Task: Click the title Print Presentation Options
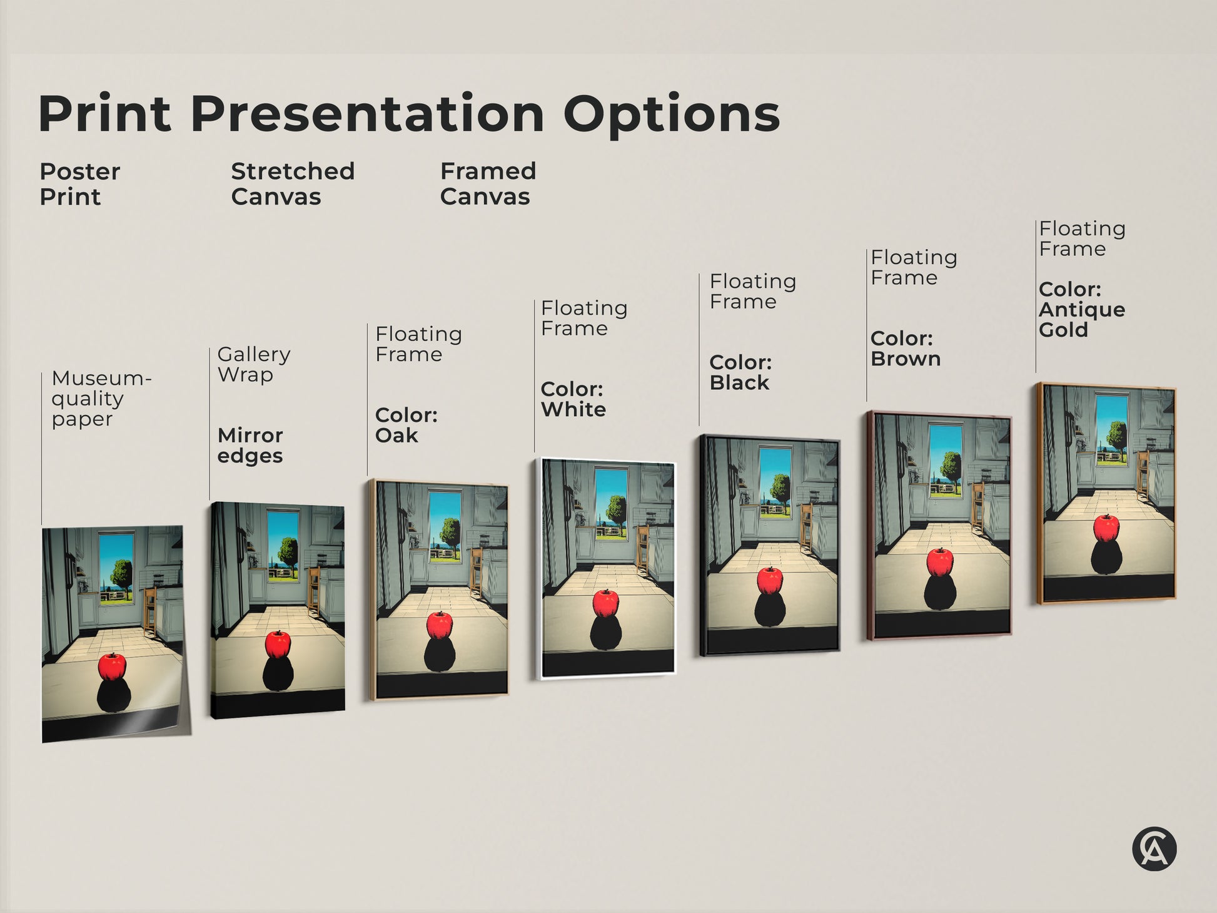click(409, 113)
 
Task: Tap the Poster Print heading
click(79, 184)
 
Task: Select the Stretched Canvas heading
click(293, 184)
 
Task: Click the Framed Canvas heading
click(488, 184)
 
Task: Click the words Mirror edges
click(250, 445)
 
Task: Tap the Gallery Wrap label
click(253, 364)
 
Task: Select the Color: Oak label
click(406, 425)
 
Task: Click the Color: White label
click(573, 399)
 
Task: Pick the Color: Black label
click(740, 372)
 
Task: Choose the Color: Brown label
click(905, 349)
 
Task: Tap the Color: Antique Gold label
click(1081, 310)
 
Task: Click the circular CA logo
click(1154, 849)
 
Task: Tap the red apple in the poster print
click(112, 667)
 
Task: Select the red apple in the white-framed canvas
click(605, 603)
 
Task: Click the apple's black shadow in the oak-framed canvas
click(439, 655)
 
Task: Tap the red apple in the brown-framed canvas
click(940, 562)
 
